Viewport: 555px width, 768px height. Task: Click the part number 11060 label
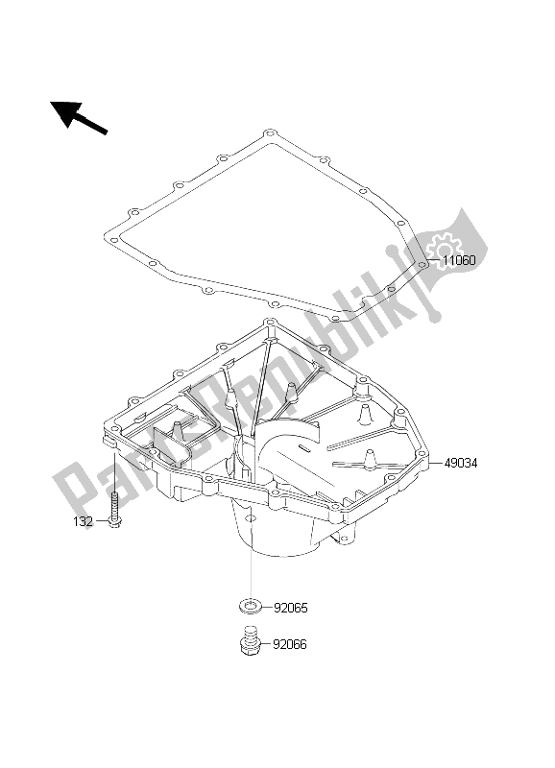pyautogui.click(x=459, y=260)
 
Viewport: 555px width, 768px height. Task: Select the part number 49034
pyautogui.click(x=461, y=463)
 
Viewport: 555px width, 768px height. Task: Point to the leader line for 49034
pyautogui.click(x=434, y=463)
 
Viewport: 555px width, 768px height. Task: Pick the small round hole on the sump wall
pyautogui.click(x=251, y=518)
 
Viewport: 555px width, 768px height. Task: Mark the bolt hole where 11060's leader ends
pyautogui.click(x=424, y=260)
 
